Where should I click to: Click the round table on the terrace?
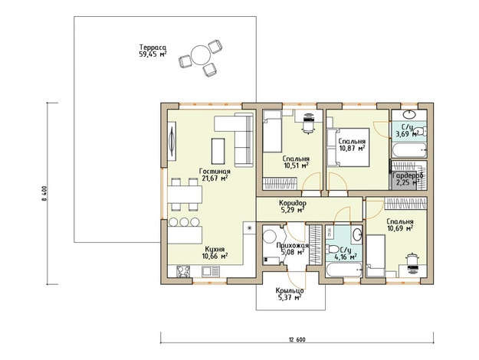(x=200, y=55)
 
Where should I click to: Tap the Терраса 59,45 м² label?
(x=153, y=51)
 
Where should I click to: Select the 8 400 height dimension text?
(x=44, y=193)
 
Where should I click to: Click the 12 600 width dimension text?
(x=297, y=339)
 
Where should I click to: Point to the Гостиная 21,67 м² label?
(x=215, y=175)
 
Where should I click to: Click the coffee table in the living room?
(x=218, y=151)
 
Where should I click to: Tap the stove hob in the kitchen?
(x=183, y=271)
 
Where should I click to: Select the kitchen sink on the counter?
(x=211, y=271)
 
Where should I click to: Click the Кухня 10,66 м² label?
(x=215, y=253)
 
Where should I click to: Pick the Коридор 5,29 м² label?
(x=292, y=206)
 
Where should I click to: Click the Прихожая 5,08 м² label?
(x=292, y=248)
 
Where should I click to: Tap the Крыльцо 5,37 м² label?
(x=289, y=294)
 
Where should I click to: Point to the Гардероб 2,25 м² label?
(x=408, y=179)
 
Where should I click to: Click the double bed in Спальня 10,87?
(x=348, y=147)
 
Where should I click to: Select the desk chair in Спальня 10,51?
(x=308, y=123)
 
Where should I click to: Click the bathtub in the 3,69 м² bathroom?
(x=409, y=150)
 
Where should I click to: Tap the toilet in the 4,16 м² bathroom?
(x=331, y=249)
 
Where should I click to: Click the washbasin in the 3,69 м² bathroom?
(x=408, y=114)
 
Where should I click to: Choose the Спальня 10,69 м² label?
(x=400, y=224)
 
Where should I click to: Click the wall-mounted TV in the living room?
(x=172, y=141)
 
